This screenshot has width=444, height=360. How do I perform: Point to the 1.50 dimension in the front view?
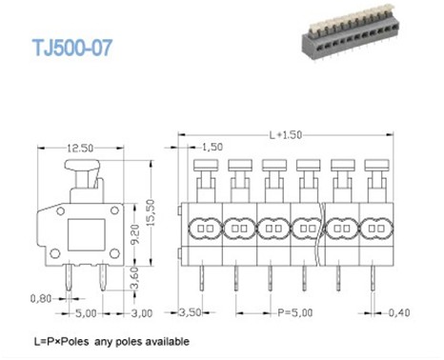click(214, 147)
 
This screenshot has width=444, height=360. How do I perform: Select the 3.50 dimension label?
click(191, 311)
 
